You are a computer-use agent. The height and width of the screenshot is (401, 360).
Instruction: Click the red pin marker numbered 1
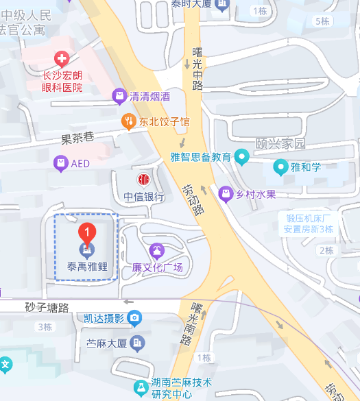86,234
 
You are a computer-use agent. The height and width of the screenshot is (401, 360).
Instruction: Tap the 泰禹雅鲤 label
87,267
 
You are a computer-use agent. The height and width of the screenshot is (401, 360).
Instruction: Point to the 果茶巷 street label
77,138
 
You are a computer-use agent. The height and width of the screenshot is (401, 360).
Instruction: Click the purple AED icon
61,163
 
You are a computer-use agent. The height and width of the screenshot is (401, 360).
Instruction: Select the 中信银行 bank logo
144,180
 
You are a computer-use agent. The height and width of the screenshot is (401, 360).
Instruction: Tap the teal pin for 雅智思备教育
241,157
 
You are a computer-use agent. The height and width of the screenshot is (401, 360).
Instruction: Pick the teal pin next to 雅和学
280,167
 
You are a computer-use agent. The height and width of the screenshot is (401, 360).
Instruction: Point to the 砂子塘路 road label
47,308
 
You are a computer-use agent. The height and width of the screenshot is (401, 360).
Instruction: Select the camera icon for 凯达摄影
134,317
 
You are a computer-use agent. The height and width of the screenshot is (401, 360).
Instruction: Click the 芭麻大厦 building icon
139,342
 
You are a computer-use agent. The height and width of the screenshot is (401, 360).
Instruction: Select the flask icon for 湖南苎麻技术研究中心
140,388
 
